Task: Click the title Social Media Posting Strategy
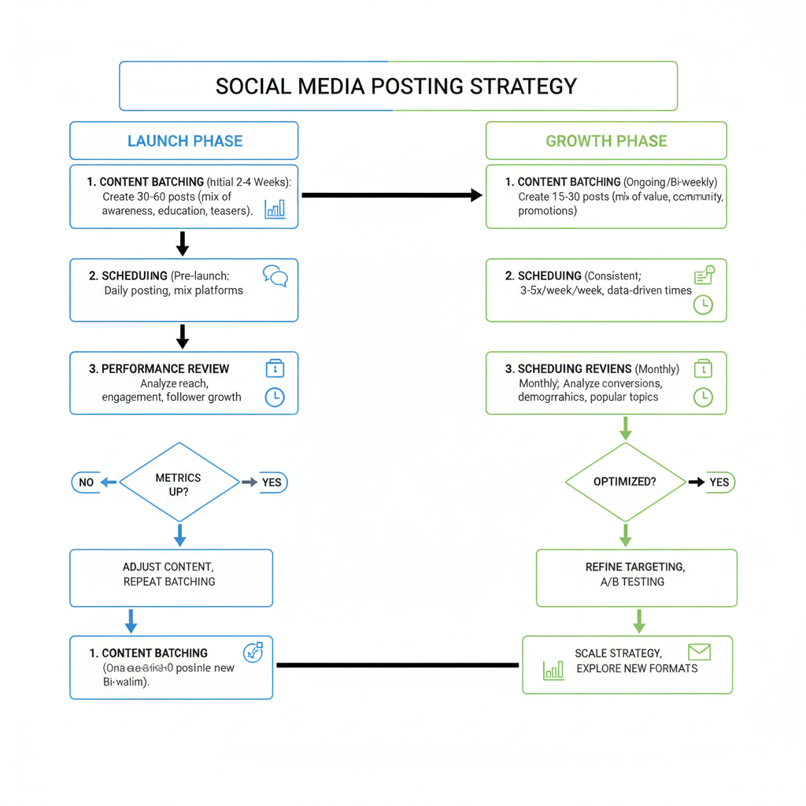[397, 86]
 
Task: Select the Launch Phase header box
[184, 141]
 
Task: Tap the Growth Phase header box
[606, 141]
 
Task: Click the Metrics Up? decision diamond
[179, 483]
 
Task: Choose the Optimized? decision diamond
[625, 482]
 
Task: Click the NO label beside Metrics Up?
[86, 482]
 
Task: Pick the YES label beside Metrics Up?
[272, 482]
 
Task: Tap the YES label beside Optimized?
[719, 482]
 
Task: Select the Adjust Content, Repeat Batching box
[171, 575]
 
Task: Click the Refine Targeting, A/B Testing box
[636, 575]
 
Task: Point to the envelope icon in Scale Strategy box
[699, 652]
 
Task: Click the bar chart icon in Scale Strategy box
[553, 670]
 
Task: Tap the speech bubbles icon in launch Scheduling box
[275, 275]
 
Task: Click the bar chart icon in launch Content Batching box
[275, 209]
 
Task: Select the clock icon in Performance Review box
[275, 397]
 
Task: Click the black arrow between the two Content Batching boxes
[391, 195]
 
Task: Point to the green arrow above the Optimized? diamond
[626, 429]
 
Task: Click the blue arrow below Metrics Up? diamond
[179, 535]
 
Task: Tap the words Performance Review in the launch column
[165, 368]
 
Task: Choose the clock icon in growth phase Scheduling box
[703, 305]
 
